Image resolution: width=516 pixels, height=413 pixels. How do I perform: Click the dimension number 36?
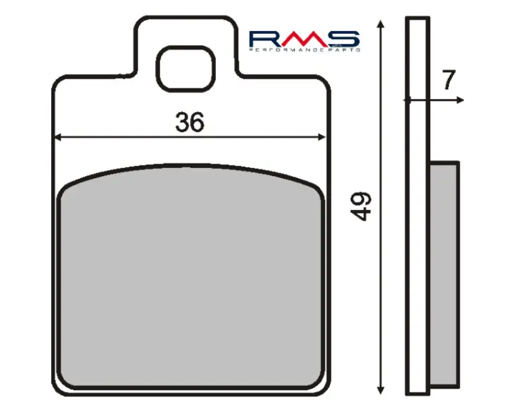pyautogui.click(x=190, y=122)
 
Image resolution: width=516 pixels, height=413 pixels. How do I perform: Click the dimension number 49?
pyautogui.click(x=361, y=206)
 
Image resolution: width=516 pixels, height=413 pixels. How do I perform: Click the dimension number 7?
pyautogui.click(x=449, y=80)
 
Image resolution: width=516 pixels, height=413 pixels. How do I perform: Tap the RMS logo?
pyautogui.click(x=304, y=41)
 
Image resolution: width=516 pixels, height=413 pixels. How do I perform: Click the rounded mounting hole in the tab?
pyautogui.click(x=185, y=69)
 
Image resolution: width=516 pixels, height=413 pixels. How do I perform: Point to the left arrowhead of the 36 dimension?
pyautogui.click(x=57, y=137)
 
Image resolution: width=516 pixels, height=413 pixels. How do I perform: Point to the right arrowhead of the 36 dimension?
pyautogui.click(x=322, y=137)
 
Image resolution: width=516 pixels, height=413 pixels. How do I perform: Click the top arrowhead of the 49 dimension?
pyautogui.click(x=380, y=24)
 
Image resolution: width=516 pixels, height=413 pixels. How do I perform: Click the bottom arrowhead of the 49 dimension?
pyautogui.click(x=380, y=390)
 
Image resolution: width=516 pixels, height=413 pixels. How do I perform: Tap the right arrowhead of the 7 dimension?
pyautogui.click(x=461, y=100)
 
